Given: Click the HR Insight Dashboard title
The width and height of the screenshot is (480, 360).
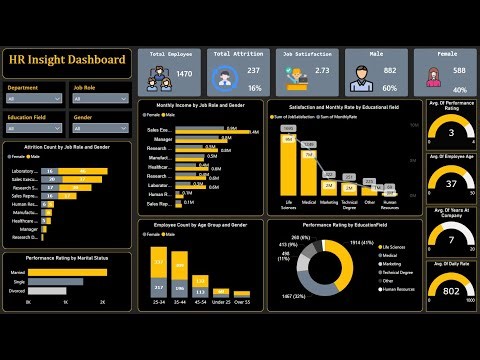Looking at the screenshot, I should [x=68, y=61].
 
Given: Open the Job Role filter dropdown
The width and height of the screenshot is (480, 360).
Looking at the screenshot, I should [x=100, y=99].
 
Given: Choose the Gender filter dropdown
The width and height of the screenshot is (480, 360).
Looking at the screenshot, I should [x=100, y=128].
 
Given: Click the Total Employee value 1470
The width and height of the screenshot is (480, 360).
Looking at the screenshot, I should [x=185, y=74].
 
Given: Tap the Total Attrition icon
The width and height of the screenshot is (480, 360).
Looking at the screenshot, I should [x=226, y=74].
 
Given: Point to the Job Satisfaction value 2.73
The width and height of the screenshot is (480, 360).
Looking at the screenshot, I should [x=323, y=71].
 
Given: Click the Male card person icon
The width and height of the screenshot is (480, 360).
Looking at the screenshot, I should [x=364, y=73].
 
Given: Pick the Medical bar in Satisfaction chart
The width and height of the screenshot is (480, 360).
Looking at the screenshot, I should [x=308, y=174].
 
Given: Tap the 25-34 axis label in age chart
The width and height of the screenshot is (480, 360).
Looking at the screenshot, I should [x=158, y=301].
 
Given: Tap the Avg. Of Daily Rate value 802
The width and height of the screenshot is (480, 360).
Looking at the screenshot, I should [x=451, y=291].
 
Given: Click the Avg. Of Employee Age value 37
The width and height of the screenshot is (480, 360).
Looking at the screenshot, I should [x=451, y=185].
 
